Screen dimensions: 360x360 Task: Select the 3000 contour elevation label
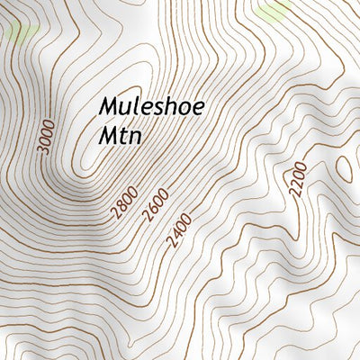pyautogui.click(x=47, y=137)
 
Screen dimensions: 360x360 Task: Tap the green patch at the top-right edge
pyautogui.click(x=273, y=11)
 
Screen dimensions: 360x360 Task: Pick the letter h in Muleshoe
pyautogui.click(x=171, y=107)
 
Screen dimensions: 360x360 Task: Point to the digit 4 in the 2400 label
pyautogui.click(x=175, y=238)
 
